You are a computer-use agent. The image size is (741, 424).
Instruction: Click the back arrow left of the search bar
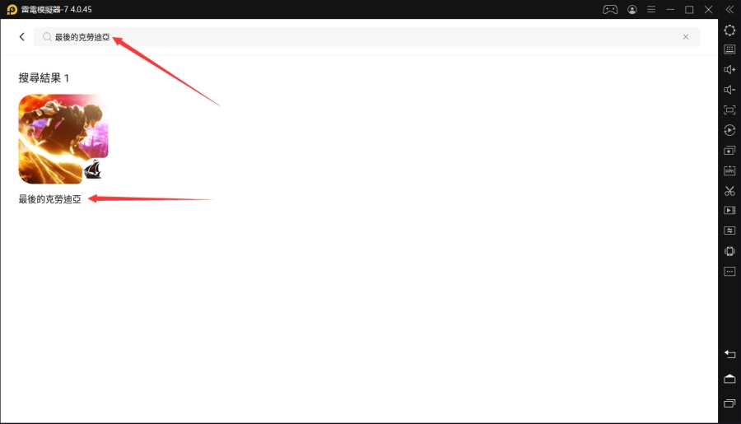coord(21,37)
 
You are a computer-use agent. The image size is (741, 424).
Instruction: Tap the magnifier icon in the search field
coord(48,37)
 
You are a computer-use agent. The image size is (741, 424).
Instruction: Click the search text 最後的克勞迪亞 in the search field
coord(82,37)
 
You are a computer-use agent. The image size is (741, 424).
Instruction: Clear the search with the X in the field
coord(686,37)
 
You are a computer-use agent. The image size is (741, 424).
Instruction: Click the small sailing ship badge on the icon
coord(93,170)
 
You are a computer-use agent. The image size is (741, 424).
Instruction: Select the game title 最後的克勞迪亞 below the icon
coord(50,199)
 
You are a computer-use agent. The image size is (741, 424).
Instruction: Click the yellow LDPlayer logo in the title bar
coord(12,10)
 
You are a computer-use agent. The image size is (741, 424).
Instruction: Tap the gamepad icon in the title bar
coord(610,10)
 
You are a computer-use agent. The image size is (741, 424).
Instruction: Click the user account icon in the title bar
coord(632,10)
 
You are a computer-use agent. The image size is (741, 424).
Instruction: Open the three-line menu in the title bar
coord(651,10)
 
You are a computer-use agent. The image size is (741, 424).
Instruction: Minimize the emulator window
coord(670,10)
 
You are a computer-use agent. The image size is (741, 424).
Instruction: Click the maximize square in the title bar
coord(689,10)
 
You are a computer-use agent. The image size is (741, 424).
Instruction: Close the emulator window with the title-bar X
coord(707,10)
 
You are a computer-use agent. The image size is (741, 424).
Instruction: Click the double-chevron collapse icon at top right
coord(729,10)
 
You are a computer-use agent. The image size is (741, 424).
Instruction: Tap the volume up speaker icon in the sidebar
coord(729,70)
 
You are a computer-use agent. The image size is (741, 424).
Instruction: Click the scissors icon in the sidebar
coord(729,191)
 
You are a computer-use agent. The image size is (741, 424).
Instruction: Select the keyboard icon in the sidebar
coord(729,49)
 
